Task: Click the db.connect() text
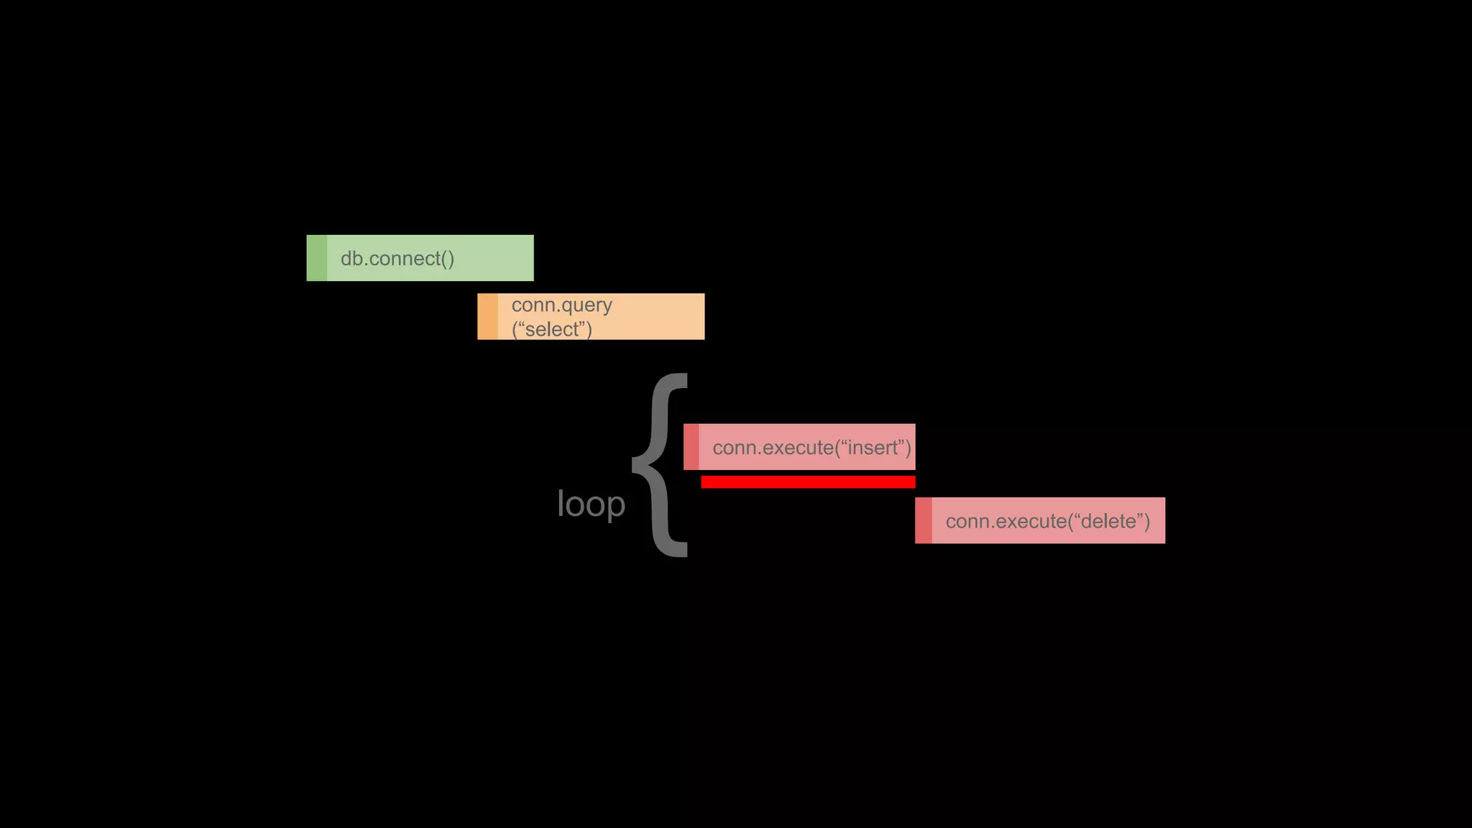coord(397,259)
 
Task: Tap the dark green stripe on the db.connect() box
coord(316,258)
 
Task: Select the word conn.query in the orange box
coord(561,305)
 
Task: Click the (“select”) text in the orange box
coord(551,329)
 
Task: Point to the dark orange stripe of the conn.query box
coord(487,316)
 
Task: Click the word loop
coord(591,504)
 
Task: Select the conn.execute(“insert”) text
coord(811,448)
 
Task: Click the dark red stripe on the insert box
coord(691,447)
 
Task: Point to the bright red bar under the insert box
coord(808,482)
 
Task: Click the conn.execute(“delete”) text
coord(1047,521)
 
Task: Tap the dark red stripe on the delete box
coord(924,520)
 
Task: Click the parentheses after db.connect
coord(447,259)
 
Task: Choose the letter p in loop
coord(616,506)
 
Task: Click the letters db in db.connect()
coord(351,259)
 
